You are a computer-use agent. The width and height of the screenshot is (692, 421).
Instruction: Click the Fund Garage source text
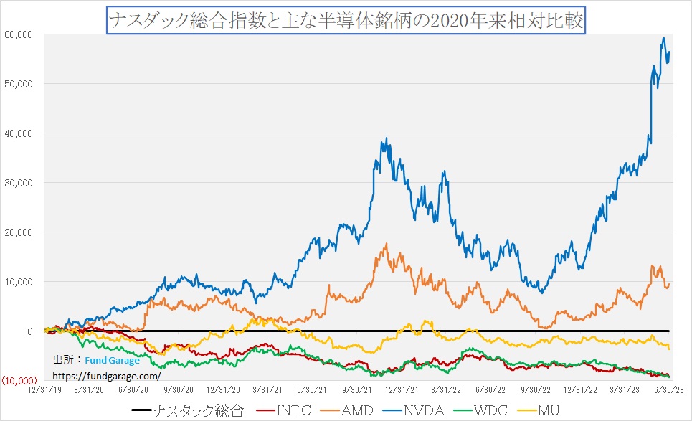click(113, 361)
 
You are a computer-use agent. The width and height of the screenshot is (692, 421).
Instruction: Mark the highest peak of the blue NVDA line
click(664, 38)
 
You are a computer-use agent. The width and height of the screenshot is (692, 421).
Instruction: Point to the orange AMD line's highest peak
click(387, 244)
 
